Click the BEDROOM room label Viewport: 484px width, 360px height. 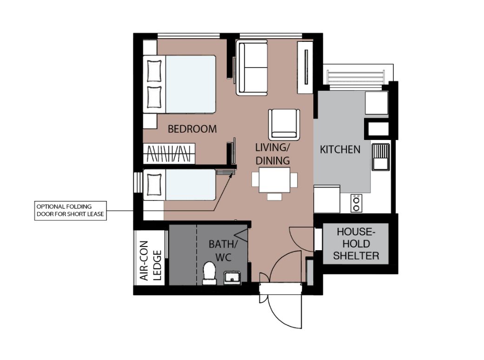pos(192,129)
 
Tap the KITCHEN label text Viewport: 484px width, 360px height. pos(340,149)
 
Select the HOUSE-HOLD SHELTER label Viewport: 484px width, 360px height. pos(356,244)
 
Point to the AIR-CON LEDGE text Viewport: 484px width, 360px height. pos(151,260)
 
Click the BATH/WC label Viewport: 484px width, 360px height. pos(223,251)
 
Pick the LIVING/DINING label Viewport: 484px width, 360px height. pos(272,154)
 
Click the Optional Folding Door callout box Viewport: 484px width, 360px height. pos(70,211)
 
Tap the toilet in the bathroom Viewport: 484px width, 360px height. pos(209,273)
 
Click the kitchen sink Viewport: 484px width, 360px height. pos(381,157)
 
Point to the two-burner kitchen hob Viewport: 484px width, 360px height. pos(356,203)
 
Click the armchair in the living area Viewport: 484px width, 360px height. pos(284,124)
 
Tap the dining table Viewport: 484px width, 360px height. pos(274,180)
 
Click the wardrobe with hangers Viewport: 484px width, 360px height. pos(169,153)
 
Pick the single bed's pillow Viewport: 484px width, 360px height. pos(154,185)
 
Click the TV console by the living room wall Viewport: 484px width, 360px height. pos(305,67)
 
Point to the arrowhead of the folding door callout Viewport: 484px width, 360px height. pos(231,175)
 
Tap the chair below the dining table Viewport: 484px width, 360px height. pos(274,196)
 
